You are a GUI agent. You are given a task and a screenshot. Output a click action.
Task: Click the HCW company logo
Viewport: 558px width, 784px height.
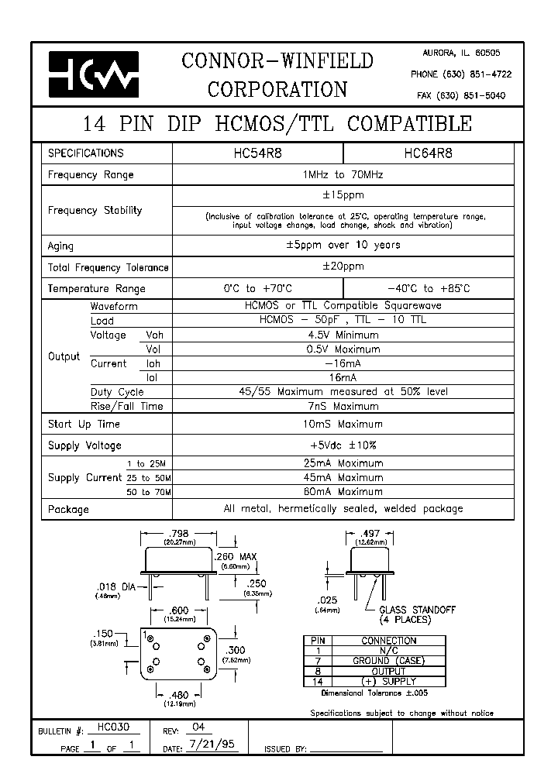point(94,74)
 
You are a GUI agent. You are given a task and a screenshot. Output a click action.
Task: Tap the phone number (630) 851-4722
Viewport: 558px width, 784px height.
point(461,74)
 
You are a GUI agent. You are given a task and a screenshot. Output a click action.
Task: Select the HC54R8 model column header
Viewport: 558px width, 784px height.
point(257,153)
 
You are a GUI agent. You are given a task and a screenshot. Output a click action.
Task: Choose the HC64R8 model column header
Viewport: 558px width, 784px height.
point(428,153)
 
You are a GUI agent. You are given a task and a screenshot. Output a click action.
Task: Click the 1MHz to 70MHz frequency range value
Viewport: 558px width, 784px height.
point(343,175)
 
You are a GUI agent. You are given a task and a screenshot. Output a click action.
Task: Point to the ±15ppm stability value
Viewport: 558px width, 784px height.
point(343,195)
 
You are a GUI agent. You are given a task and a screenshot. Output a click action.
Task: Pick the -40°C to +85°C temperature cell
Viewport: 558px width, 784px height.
point(428,288)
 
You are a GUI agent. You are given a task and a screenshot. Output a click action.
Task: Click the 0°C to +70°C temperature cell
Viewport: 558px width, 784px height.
point(257,288)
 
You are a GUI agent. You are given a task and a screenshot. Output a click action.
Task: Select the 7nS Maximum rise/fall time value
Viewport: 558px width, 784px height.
point(343,406)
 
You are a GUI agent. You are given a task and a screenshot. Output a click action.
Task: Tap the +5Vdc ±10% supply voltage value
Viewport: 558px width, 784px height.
point(343,445)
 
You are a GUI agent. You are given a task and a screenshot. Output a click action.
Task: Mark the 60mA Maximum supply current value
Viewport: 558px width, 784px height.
point(343,492)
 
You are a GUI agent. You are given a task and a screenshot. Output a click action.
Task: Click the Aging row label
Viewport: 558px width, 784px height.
point(61,246)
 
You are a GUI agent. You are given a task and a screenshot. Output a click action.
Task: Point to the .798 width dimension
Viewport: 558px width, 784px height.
point(178,533)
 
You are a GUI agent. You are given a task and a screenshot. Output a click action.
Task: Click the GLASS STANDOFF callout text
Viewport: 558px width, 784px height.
point(417,610)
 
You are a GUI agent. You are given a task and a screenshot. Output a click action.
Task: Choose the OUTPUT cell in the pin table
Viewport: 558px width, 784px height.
point(389,671)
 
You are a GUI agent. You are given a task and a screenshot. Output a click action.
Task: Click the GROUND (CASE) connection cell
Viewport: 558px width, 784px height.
point(389,661)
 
